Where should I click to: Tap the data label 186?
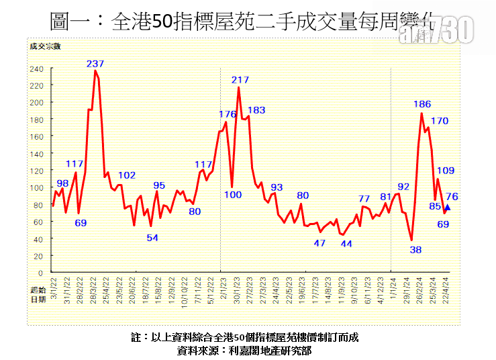[x=422, y=104]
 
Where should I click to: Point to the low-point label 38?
[x=415, y=249]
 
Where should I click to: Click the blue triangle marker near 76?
[x=448, y=208]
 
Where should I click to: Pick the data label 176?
[x=228, y=114]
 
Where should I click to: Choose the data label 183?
[x=256, y=110]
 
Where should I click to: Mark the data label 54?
[x=152, y=238]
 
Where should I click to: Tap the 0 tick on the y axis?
[x=42, y=273]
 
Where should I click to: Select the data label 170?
[x=440, y=121]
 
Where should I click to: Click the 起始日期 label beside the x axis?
[x=38, y=294]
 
